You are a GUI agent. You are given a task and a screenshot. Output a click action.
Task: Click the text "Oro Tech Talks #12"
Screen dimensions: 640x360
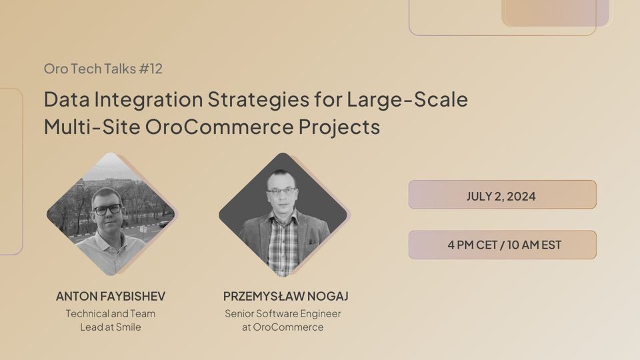point(103,69)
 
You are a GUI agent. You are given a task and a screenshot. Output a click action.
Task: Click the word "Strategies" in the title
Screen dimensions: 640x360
point(259,99)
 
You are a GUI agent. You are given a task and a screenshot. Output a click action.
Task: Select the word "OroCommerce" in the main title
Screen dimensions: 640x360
point(219,127)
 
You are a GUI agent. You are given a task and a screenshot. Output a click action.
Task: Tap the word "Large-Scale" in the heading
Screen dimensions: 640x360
point(407,99)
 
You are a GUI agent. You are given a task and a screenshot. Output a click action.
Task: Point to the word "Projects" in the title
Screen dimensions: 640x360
point(339,127)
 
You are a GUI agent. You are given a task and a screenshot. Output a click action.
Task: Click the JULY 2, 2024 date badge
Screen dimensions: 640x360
point(503,195)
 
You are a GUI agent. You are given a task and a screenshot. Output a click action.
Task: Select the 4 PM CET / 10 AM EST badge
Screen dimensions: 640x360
point(503,245)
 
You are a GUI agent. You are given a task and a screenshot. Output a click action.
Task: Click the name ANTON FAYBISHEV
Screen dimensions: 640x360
point(111,296)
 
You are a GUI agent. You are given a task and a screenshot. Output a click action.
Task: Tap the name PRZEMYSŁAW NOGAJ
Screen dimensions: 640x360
point(286,296)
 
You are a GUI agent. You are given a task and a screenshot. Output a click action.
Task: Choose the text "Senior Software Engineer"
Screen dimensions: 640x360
point(283,314)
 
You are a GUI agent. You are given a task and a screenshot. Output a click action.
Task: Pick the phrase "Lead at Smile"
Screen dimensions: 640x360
point(111,327)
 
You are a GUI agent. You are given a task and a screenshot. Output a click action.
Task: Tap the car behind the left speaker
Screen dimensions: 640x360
point(163,224)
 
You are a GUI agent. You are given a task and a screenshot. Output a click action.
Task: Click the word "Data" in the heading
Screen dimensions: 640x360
point(67,99)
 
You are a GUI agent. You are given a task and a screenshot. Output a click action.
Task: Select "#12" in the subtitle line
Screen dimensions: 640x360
point(151,69)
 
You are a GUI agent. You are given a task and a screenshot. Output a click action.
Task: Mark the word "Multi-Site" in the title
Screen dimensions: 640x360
point(92,127)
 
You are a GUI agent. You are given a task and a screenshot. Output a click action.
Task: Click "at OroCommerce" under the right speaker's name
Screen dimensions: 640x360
point(283,327)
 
